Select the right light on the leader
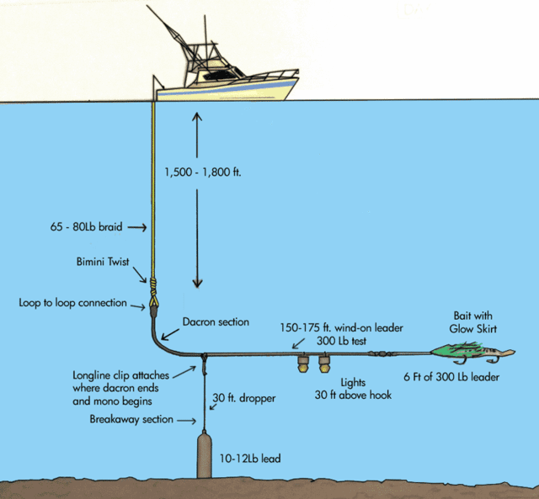[x=324, y=365]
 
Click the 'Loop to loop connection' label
[x=73, y=302]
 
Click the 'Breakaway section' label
[x=136, y=419]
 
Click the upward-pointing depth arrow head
[x=196, y=119]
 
